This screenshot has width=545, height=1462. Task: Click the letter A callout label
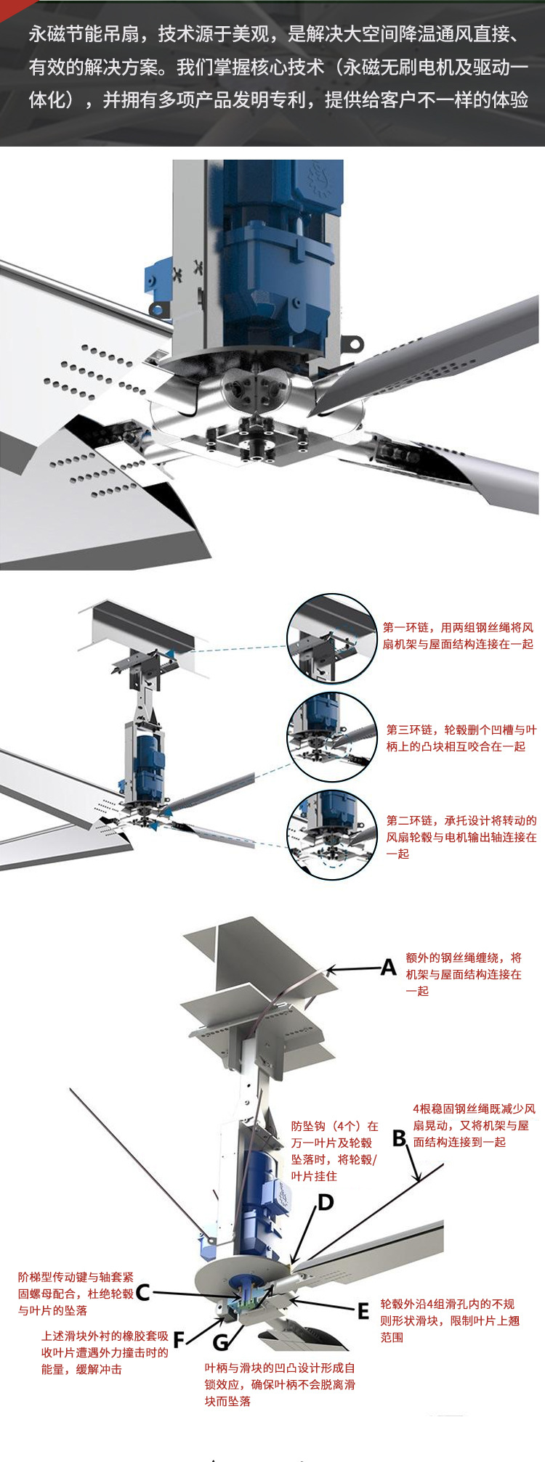tap(389, 968)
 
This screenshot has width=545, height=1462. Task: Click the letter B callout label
tap(399, 1138)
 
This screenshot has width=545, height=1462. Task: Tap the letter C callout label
tap(143, 1292)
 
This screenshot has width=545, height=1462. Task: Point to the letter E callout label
tap(363, 1312)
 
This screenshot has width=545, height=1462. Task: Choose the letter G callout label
tap(220, 1341)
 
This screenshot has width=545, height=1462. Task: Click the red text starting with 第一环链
tap(458, 635)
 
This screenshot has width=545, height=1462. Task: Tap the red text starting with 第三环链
tap(461, 738)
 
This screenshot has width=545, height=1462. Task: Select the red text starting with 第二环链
tap(461, 836)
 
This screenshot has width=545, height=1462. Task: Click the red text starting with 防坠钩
tap(334, 1151)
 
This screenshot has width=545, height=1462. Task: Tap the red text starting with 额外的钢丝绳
tap(464, 974)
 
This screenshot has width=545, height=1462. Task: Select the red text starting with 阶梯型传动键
tap(76, 1293)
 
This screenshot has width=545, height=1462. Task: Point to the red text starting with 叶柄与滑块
tap(279, 1384)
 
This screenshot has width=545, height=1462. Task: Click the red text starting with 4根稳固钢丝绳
tap(474, 1125)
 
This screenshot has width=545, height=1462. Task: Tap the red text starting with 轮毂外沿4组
tap(450, 1320)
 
